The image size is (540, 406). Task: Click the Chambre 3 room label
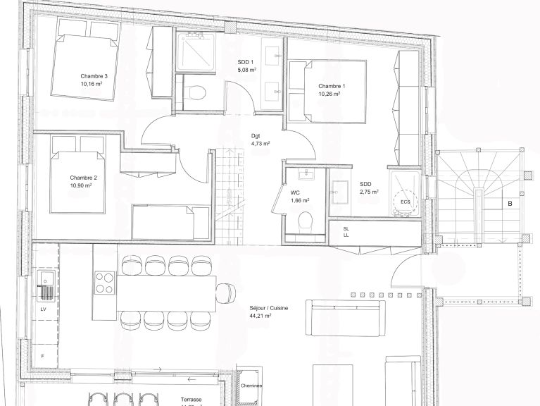coord(94,76)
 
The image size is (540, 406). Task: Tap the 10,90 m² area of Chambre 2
coord(82,185)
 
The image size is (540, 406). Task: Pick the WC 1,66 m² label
coord(300,195)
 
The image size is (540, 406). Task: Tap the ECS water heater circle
coord(405,202)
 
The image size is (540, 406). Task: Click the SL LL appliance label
coord(346,232)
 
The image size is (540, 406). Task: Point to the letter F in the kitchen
coord(42,357)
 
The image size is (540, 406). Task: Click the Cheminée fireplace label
coord(251,386)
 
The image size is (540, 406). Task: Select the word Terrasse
coord(190,398)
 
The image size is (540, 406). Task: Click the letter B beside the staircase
coord(508,204)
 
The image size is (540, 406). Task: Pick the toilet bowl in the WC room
coord(304,223)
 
